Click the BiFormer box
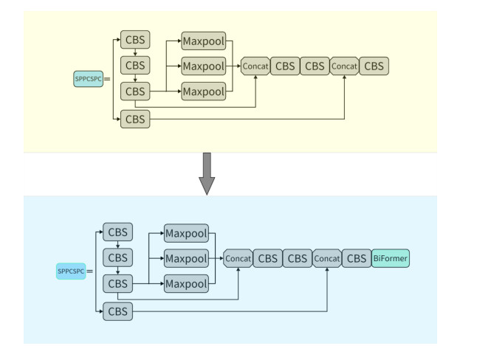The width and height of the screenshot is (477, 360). pyautogui.click(x=391, y=258)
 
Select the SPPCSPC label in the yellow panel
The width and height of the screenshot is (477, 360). pyautogui.click(x=88, y=77)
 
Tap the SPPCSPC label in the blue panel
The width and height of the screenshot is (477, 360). pyautogui.click(x=70, y=271)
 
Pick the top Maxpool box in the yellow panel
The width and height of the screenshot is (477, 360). pyautogui.click(x=203, y=41)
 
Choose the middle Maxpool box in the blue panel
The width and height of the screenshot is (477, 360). pyautogui.click(x=185, y=259)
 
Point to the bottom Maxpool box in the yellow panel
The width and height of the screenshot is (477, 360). pyautogui.click(x=203, y=91)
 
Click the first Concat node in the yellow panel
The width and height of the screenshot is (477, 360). pyautogui.click(x=255, y=66)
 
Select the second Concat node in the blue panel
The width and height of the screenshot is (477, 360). pyautogui.click(x=326, y=259)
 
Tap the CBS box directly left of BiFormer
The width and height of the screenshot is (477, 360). pyautogui.click(x=357, y=259)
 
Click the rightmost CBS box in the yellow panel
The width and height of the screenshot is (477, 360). pyautogui.click(x=374, y=66)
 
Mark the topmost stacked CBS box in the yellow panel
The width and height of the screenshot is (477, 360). pyautogui.click(x=135, y=39)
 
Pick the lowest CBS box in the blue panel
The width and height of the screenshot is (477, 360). pyautogui.click(x=117, y=311)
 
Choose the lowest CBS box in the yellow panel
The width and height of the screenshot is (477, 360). pyautogui.click(x=135, y=118)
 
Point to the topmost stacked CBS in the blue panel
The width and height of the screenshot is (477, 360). pyautogui.click(x=117, y=232)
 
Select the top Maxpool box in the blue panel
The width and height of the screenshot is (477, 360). pyautogui.click(x=185, y=234)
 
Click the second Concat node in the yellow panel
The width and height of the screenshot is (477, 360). pyautogui.click(x=344, y=66)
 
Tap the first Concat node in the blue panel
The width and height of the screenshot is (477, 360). pyautogui.click(x=238, y=259)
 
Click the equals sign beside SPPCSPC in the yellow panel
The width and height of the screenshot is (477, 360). pyautogui.click(x=108, y=78)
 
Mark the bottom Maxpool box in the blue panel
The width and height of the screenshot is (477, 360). pyautogui.click(x=185, y=284)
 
